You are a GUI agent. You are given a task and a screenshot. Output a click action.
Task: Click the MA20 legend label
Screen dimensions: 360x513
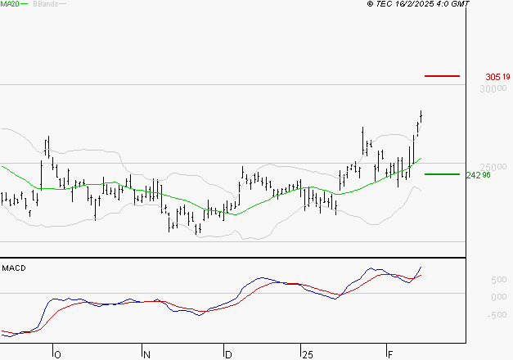[10, 5]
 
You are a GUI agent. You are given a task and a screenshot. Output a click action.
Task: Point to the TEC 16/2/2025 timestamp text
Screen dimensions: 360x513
[419, 5]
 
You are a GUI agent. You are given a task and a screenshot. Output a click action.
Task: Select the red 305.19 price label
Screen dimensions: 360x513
[497, 77]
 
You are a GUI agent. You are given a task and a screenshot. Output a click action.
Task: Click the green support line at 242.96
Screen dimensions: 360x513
[442, 174]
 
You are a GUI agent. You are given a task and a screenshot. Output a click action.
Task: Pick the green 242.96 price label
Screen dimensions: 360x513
[477, 175]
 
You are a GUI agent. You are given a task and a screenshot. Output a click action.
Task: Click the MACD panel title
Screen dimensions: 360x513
[14, 268]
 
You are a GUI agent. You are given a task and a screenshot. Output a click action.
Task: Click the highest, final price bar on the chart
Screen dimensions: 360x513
[421, 117]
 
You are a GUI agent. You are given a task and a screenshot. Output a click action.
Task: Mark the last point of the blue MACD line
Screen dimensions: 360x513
[421, 267]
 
